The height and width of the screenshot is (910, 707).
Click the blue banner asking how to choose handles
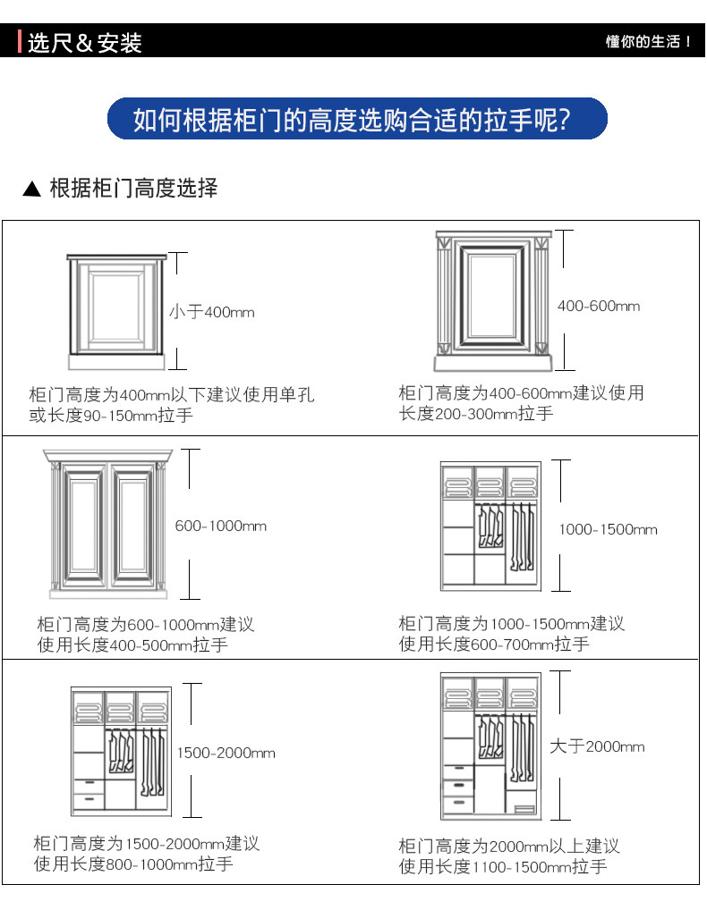pos(357,119)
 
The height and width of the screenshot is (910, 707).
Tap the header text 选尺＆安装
pos(85,43)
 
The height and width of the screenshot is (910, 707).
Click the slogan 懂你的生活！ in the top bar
pos(648,42)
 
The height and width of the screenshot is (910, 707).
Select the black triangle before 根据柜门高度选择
pos(32,189)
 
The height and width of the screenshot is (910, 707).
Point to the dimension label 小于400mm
pos(212,312)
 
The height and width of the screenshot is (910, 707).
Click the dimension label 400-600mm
pos(599,306)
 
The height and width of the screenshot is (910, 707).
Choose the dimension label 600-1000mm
pos(221,526)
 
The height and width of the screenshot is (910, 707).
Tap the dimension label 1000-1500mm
pos(608,529)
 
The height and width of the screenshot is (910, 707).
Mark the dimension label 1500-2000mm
pos(226,753)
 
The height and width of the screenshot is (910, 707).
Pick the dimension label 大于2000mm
pos(597,746)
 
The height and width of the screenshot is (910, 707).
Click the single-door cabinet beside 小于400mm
pos(116,311)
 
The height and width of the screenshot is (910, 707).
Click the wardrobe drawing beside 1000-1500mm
pos(490,526)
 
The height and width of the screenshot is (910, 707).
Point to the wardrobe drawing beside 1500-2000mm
pos(121,751)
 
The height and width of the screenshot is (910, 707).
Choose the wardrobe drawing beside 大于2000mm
pos(490,746)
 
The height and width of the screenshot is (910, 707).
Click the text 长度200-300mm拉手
pos(476,414)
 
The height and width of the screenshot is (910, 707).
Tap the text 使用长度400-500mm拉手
pos(132,645)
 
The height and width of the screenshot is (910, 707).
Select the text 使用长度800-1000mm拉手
pos(133,864)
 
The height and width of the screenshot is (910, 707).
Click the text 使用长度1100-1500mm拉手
pos(503,867)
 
